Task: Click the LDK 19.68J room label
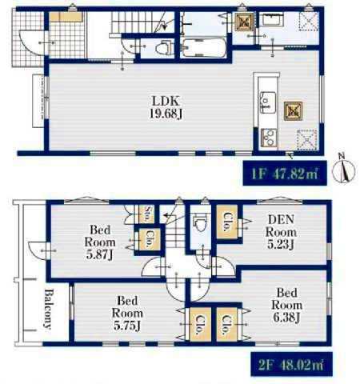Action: point(166,107)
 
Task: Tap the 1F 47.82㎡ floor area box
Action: point(285,174)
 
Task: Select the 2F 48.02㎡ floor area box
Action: point(291,364)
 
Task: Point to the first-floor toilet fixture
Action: point(163,48)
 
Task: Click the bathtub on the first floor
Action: point(203,48)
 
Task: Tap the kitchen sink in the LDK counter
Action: point(268,102)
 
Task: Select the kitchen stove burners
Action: point(268,138)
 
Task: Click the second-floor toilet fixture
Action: point(200,223)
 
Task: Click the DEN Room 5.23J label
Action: point(281,232)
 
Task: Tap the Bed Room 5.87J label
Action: point(100,242)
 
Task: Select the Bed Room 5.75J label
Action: point(127,313)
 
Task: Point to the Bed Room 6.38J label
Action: point(286,305)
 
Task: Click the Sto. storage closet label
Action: point(147,214)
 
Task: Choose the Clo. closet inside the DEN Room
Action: point(227,222)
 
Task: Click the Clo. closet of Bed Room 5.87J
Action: point(149,239)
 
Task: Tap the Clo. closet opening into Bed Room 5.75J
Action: point(200,324)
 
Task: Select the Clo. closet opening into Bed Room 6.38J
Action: point(226,324)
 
